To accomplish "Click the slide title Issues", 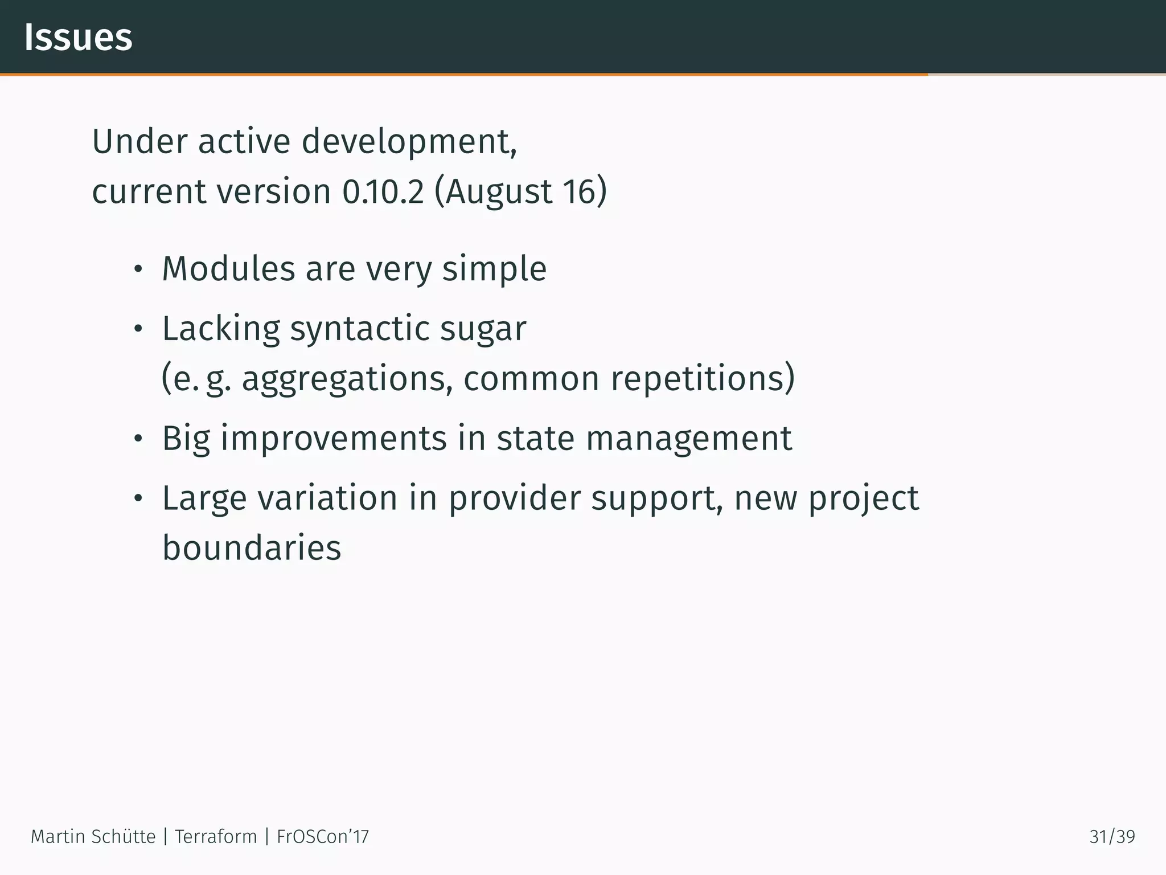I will coord(78,38).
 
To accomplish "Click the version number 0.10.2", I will coord(383,191).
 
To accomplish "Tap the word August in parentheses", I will coord(498,191).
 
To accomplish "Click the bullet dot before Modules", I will coord(137,270).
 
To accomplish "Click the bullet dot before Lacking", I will coord(137,330).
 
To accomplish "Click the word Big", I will coord(186,439).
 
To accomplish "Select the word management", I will coord(688,439).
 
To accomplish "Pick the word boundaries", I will coord(252,548).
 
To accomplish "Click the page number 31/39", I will coord(1112,836).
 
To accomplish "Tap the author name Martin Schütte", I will coord(93,836).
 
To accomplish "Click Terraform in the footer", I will coord(216,836).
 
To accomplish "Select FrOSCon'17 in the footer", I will coord(323,836).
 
